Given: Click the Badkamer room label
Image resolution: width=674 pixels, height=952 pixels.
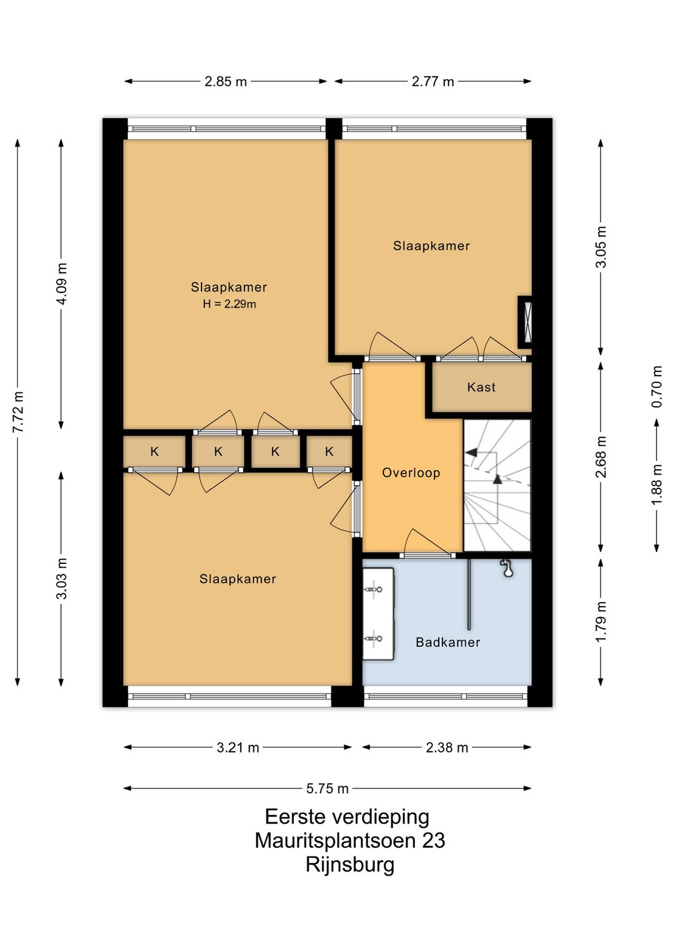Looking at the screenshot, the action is pos(448,642).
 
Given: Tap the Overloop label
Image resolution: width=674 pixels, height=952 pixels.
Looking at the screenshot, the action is pos(411,473).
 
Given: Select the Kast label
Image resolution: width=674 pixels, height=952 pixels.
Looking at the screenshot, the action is pos(481,387).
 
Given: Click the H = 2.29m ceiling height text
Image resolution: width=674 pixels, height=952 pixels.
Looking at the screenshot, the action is pos(229,304).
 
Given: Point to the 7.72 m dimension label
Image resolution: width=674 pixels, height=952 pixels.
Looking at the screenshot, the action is pos(18,411).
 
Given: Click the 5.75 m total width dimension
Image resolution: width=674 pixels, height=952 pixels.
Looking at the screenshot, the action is pos(327,789).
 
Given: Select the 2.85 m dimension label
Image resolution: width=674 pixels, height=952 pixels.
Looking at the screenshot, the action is pos(225,81).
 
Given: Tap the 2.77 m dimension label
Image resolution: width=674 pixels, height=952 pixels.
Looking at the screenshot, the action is pos(432,81).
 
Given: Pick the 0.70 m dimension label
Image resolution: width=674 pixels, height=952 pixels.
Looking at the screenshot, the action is pos(657,386).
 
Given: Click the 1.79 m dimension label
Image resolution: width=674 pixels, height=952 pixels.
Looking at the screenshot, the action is pos(600,622).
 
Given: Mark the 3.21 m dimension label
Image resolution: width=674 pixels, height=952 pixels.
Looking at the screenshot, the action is pos(238,747).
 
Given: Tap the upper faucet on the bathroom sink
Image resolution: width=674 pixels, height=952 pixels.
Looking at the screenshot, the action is pos(373,590).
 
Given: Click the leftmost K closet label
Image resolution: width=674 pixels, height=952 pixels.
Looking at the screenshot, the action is pos(154,451).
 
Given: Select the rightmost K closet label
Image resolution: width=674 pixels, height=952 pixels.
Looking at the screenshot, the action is pos(329,451).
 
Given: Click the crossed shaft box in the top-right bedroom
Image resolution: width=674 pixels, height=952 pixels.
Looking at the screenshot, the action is pos(525,322).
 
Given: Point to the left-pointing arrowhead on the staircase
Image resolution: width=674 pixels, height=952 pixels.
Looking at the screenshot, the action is pos(471,453).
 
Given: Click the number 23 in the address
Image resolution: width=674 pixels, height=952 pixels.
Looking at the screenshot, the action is pos(434,840).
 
